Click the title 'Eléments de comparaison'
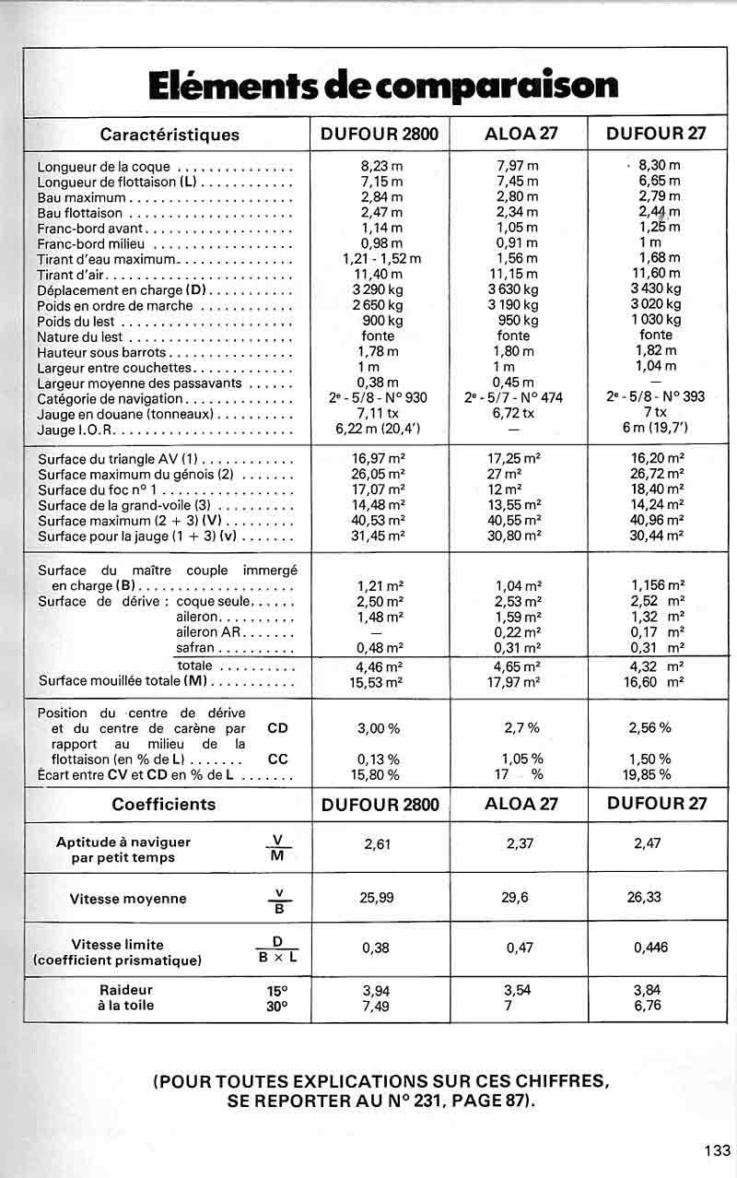pos(382,86)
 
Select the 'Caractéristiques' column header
pos(169,135)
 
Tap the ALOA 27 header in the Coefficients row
pos(521,803)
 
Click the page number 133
pos(716,1149)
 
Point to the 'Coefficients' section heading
pos(164,804)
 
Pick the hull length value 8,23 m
pos(380,166)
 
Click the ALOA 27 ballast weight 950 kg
pos(517,321)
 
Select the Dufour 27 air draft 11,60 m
pos(657,274)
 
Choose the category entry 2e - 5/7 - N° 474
pos(514,398)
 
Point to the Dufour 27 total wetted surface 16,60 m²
pos(656,682)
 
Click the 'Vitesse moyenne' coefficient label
pos(128,899)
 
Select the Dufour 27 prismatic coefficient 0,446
pos(651,947)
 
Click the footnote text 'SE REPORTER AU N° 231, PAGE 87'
pos(380,1101)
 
